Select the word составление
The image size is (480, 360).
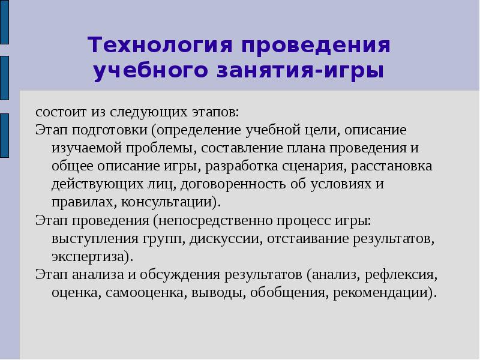[241, 148]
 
